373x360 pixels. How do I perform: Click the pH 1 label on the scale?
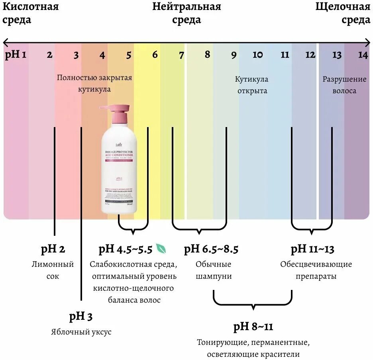16,55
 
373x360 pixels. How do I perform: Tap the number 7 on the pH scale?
181,55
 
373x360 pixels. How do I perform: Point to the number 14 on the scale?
363,55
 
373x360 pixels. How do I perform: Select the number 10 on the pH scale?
258,55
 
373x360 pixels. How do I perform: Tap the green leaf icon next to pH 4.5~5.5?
161,249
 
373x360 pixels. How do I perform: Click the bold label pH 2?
53,250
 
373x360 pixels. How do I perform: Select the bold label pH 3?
81,317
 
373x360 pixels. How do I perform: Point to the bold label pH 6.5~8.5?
211,250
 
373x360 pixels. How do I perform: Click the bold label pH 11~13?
312,250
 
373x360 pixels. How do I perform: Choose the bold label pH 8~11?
253,327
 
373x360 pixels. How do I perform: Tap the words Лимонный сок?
53,270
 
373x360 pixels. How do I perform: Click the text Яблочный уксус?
81,332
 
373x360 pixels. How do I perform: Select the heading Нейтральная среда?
186,13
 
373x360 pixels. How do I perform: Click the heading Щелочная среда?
343,13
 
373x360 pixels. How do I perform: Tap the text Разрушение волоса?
344,85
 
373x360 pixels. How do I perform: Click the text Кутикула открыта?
251,85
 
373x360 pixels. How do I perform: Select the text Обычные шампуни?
214,270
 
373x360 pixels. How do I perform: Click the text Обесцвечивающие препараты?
316,270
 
